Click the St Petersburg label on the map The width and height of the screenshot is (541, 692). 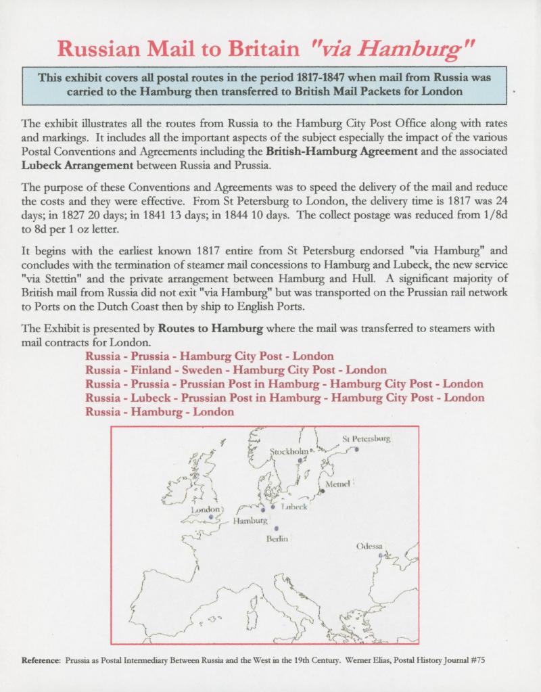point(367,438)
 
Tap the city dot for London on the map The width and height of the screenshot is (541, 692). point(211,517)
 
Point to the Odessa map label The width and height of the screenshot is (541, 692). point(369,546)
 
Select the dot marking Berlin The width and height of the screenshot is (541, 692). point(276,528)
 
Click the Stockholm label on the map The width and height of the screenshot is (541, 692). point(289,451)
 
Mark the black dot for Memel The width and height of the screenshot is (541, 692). point(323,491)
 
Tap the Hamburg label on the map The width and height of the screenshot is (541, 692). point(250,521)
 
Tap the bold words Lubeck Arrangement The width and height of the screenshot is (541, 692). point(74,163)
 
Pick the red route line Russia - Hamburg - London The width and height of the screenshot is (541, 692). point(160,411)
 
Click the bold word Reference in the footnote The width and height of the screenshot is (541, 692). point(41,660)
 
